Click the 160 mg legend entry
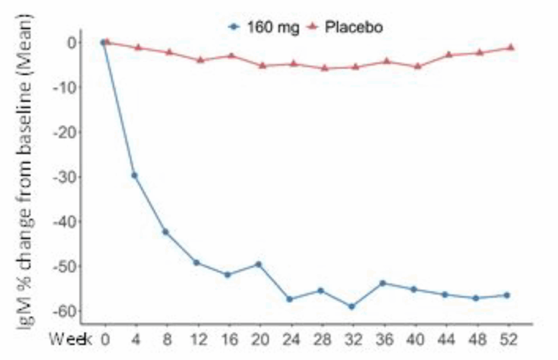point(264,27)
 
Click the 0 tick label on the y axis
point(71,42)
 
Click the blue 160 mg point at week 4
point(135,175)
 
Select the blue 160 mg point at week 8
point(166,232)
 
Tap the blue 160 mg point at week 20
point(258,264)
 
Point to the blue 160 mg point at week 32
point(351,307)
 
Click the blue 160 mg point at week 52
point(507,295)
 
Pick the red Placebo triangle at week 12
point(200,59)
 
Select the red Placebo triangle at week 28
point(325,68)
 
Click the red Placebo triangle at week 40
point(417,66)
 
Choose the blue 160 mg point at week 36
point(383,283)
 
